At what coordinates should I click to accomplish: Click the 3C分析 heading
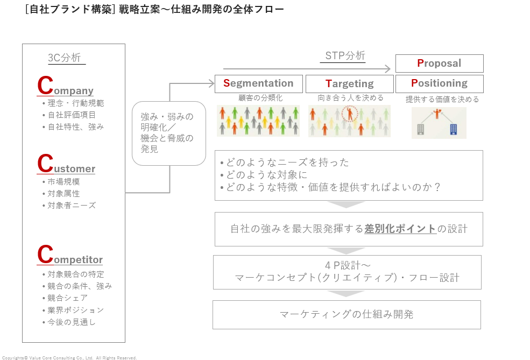point(65,58)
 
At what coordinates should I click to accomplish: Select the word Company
point(66,88)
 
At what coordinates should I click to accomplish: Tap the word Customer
point(66,166)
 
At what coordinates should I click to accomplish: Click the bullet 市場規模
point(63,182)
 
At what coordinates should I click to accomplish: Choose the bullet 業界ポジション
point(75,310)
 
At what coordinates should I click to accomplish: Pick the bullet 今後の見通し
point(72,322)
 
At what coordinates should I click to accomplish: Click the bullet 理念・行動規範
point(75,103)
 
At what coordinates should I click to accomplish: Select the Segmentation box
point(258,83)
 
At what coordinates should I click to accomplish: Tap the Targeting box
point(349,84)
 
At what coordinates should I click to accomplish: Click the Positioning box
point(439,83)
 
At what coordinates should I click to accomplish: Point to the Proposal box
point(439,63)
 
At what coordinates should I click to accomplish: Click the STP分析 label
point(345,56)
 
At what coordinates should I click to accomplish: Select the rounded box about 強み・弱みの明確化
point(169,133)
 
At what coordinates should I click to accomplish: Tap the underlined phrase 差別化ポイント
point(400,229)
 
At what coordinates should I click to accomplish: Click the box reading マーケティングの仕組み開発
point(347,315)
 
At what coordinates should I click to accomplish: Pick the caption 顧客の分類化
point(260,98)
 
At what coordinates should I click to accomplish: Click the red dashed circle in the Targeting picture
point(350,114)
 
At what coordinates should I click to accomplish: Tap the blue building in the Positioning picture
point(453,129)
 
